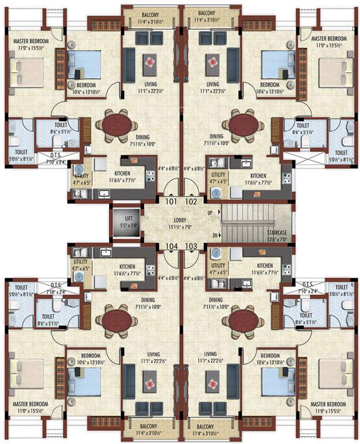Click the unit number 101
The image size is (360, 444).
[170, 202]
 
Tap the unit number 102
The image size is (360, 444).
[191, 202]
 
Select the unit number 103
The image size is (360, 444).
[191, 246]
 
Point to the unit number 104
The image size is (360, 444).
[170, 246]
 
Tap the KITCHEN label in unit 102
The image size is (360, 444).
[258, 175]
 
